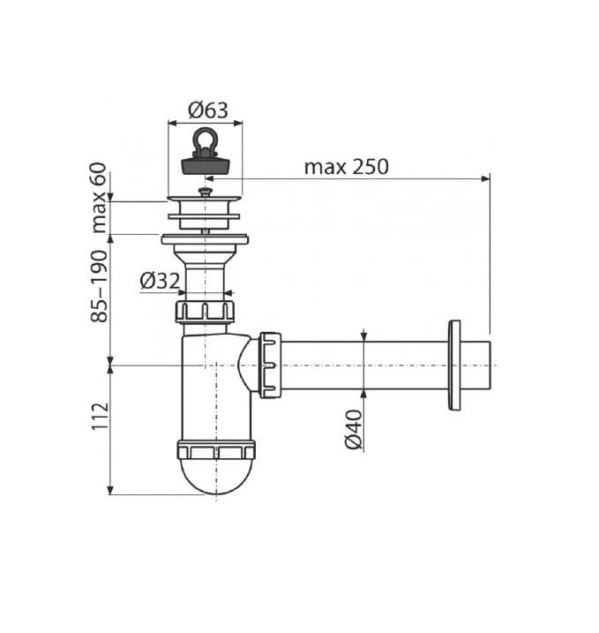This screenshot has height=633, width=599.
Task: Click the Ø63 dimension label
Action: (x=207, y=110)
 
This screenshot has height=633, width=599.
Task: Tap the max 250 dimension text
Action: (x=346, y=166)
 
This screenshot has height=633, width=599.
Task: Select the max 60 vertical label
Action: (x=99, y=198)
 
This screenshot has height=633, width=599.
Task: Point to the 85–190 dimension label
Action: (x=99, y=286)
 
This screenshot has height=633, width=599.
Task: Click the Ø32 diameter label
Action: (x=160, y=281)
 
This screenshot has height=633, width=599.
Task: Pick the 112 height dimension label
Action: (x=100, y=416)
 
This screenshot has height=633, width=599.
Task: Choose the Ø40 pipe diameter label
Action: (x=354, y=429)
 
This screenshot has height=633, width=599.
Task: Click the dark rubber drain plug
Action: (x=206, y=165)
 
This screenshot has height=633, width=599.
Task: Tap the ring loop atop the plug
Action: (x=206, y=140)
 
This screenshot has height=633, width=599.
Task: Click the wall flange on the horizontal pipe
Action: (x=454, y=365)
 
